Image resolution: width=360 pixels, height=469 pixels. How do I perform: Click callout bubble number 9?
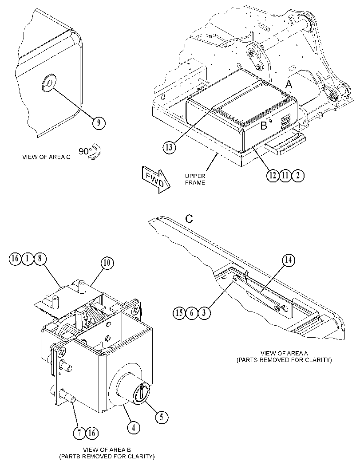click(99, 122)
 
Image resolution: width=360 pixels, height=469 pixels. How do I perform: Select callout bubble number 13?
click(169, 148)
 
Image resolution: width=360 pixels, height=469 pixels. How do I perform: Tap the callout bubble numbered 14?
click(288, 260)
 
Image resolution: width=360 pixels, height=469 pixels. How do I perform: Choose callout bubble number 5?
click(161, 417)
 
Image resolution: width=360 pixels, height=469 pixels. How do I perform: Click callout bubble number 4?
click(134, 428)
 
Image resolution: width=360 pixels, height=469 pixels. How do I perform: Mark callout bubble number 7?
click(79, 433)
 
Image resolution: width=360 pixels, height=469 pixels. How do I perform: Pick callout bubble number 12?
click(273, 175)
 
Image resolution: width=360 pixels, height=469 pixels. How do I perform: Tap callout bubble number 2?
click(298, 175)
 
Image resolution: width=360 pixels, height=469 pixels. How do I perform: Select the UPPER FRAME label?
click(195, 179)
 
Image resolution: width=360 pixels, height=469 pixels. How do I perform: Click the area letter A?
click(289, 85)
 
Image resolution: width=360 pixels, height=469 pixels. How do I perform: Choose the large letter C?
click(189, 219)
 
